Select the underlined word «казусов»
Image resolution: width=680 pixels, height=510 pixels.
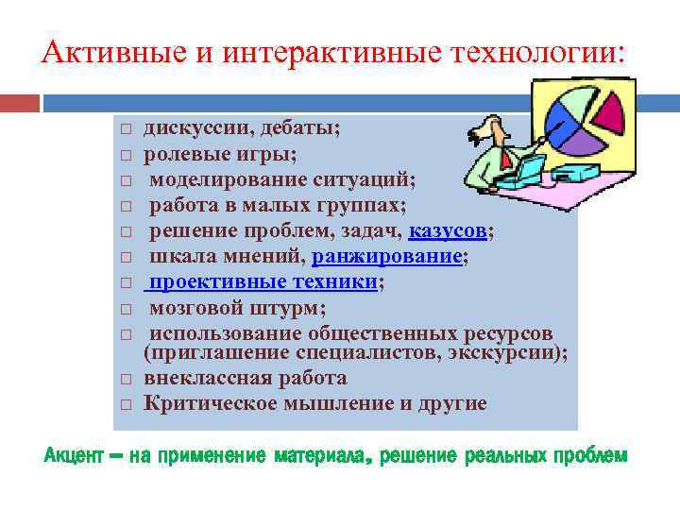point(450,230)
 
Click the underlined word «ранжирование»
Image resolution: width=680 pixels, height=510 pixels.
point(388,256)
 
